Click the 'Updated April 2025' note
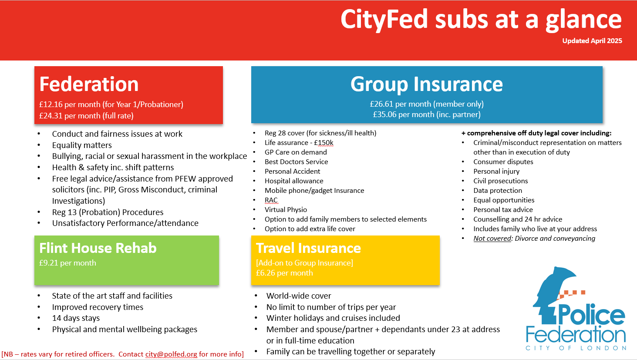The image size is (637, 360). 592,40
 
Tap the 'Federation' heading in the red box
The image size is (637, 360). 89,84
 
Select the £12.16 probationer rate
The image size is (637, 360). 111,104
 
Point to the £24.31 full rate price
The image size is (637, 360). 87,116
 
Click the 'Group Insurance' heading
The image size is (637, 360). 427,84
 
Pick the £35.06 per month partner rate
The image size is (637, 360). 427,114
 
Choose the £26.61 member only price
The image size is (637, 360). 427,104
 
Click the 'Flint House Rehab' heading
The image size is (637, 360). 98,248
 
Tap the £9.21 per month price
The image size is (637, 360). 67,263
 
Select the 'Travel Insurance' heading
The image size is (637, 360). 308,248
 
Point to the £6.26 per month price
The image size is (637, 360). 284,273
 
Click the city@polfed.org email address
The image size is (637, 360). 171,354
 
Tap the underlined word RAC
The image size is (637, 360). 271,200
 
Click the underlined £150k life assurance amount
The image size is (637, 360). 324,143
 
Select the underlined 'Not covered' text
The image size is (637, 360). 492,238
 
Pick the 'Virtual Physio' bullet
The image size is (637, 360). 286,209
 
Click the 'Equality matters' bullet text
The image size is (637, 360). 82,145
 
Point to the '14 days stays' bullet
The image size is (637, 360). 76,318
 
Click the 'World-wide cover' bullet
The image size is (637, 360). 299,296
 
